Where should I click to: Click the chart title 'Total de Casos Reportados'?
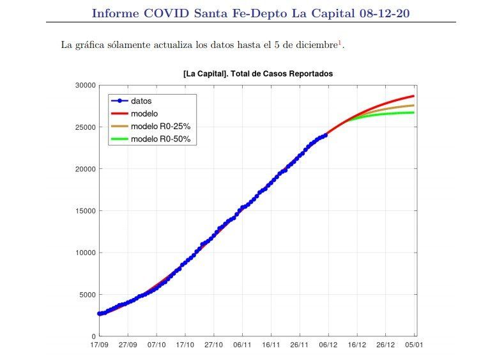click(257, 74)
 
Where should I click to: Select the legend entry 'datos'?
click(141, 101)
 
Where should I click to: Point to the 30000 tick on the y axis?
click(84, 85)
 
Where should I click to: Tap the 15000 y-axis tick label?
click(84, 211)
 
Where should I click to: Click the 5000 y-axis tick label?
click(86, 295)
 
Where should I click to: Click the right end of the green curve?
click(414, 113)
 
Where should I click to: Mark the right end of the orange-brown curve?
click(414, 106)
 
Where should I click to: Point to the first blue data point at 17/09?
click(100, 313)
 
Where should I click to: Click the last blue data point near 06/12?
click(325, 135)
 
